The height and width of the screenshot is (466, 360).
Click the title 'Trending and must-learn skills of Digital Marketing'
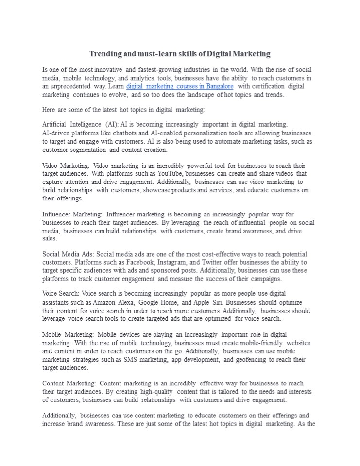(180, 54)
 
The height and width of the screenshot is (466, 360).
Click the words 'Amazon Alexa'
(110, 302)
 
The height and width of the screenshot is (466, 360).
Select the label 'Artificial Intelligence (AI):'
(80, 125)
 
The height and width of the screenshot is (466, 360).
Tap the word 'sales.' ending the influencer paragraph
(50, 239)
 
